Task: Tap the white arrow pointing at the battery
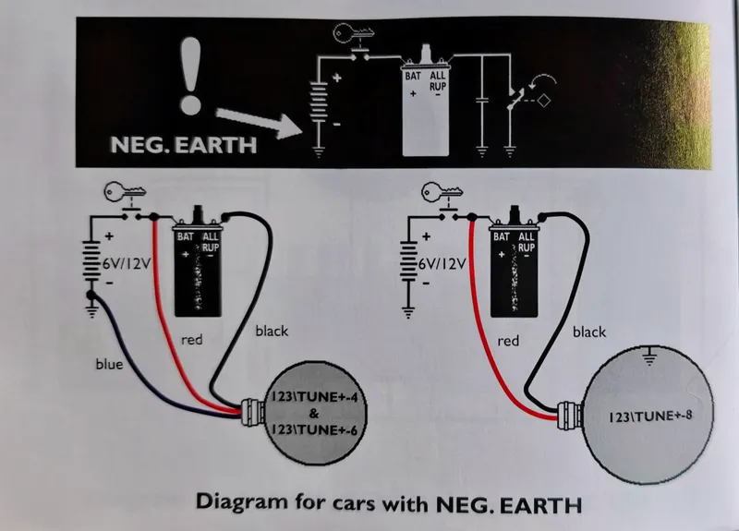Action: coord(259,122)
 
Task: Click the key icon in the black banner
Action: coord(354,33)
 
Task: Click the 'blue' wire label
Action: coord(109,364)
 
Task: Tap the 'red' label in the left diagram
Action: coord(192,340)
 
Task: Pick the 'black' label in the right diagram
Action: coord(589,332)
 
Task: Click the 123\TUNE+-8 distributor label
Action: coord(650,416)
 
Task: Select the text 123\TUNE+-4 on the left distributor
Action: coord(314,397)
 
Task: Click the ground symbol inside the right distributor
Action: coord(649,356)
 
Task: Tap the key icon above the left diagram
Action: coord(125,191)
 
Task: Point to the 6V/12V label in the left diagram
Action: coord(127,263)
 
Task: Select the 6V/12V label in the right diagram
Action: coord(442,263)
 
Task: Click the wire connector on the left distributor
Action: coord(252,412)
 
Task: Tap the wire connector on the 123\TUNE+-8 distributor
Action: coord(569,415)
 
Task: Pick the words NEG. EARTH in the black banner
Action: coord(183,145)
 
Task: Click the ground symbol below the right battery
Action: coord(408,312)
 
